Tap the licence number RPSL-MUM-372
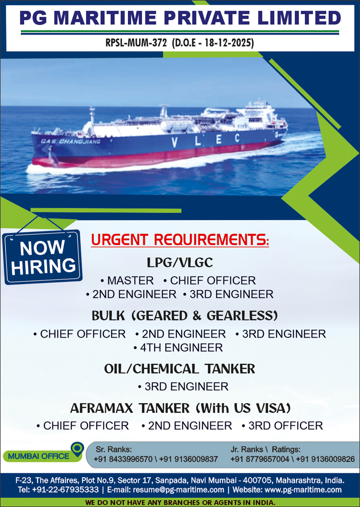[x=136, y=43]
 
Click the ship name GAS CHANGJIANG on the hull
[x=71, y=142]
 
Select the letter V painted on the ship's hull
[x=174, y=143]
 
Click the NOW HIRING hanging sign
[x=42, y=257]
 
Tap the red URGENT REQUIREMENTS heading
[x=180, y=240]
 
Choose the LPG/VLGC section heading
[x=180, y=263]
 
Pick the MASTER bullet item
[x=127, y=281]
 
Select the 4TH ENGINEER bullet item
[x=178, y=348]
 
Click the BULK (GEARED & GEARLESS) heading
[x=184, y=316]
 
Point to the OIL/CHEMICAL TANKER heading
[x=179, y=369]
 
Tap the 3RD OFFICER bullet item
[x=282, y=426]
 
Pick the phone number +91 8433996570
[x=123, y=459]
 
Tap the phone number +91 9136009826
[x=325, y=459]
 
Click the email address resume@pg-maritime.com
[x=179, y=490]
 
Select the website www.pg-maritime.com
[x=303, y=490]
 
